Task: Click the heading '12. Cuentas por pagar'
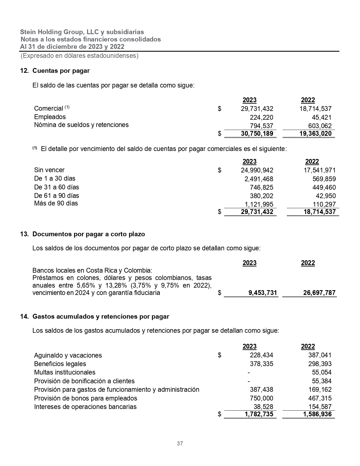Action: click(55, 71)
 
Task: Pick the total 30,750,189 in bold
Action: click(257, 134)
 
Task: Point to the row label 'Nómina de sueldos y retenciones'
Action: click(81, 125)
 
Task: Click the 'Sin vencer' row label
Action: click(49, 170)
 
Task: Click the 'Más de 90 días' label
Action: click(56, 203)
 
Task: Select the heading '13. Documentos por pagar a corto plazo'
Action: click(83, 234)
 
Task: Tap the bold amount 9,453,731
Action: click(263, 293)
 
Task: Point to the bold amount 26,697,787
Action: click(319, 293)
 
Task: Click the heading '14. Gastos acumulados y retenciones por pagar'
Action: click(95, 317)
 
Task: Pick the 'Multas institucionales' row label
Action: click(65, 373)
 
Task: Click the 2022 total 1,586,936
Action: click(317, 414)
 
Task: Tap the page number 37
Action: click(180, 443)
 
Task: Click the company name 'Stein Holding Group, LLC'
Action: click(60, 32)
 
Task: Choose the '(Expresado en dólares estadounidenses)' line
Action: click(79, 56)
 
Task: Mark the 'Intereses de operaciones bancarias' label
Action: click(85, 407)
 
